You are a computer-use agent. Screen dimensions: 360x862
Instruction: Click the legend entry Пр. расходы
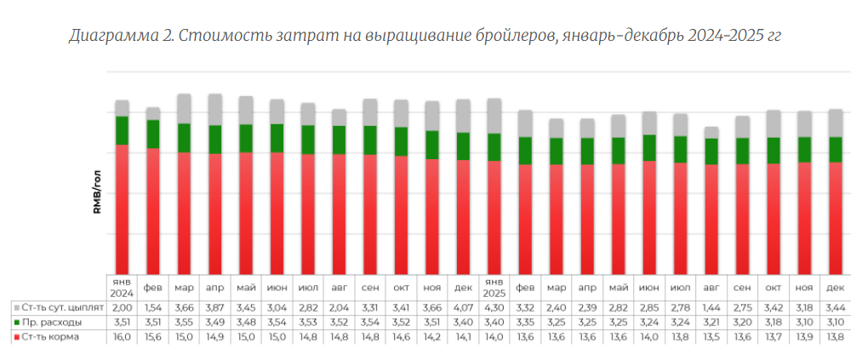click(x=53, y=322)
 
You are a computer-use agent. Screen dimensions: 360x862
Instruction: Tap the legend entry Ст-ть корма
click(x=53, y=337)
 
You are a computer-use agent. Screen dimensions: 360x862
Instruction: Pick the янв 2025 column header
click(x=494, y=287)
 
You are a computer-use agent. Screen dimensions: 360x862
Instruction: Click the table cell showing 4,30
click(x=494, y=306)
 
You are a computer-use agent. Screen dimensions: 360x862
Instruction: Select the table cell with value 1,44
click(x=711, y=306)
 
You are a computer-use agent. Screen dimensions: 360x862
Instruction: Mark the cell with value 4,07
click(x=463, y=306)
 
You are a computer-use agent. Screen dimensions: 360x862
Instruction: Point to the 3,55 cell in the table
click(x=184, y=322)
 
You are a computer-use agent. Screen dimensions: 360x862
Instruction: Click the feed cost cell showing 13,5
click(x=711, y=337)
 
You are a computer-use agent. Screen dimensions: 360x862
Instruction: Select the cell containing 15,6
click(x=153, y=337)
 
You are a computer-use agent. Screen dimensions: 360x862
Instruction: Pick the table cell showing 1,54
click(x=153, y=306)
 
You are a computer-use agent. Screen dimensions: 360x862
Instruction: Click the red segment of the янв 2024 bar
click(x=123, y=209)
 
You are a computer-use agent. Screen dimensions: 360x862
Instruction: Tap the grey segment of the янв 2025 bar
click(x=494, y=116)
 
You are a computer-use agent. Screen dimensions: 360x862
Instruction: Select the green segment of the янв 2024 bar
click(x=123, y=130)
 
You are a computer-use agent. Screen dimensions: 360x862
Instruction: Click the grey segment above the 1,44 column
click(x=711, y=133)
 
